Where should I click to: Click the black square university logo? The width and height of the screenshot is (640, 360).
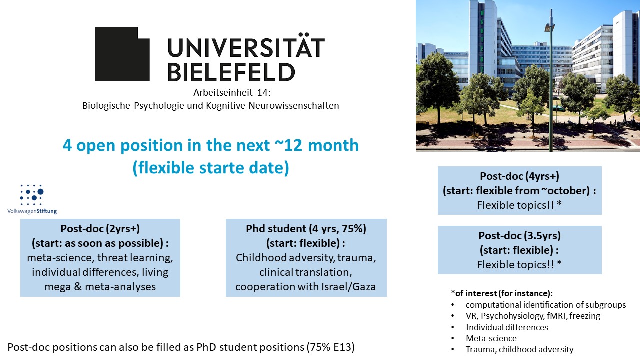pyautogui.click(x=122, y=54)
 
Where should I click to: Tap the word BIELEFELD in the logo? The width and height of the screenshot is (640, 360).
pyautogui.click(x=231, y=72)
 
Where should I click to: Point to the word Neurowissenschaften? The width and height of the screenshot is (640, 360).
pyautogui.click(x=294, y=105)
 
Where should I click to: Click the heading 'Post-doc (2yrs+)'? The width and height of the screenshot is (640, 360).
pyautogui.click(x=100, y=229)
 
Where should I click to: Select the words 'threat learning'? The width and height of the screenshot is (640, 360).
pyautogui.click(x=135, y=258)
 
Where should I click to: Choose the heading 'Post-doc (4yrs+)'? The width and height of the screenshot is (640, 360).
pyautogui.click(x=519, y=176)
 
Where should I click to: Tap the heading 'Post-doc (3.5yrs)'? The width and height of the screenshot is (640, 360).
pyautogui.click(x=519, y=235)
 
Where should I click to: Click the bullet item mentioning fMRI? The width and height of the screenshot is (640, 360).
pyautogui.click(x=533, y=316)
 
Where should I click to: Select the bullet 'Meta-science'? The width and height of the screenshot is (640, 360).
pyautogui.click(x=491, y=338)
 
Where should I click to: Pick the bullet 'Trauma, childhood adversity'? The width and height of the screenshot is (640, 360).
pyautogui.click(x=519, y=349)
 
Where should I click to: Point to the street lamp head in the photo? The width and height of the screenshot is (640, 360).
pyautogui.click(x=549, y=27)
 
